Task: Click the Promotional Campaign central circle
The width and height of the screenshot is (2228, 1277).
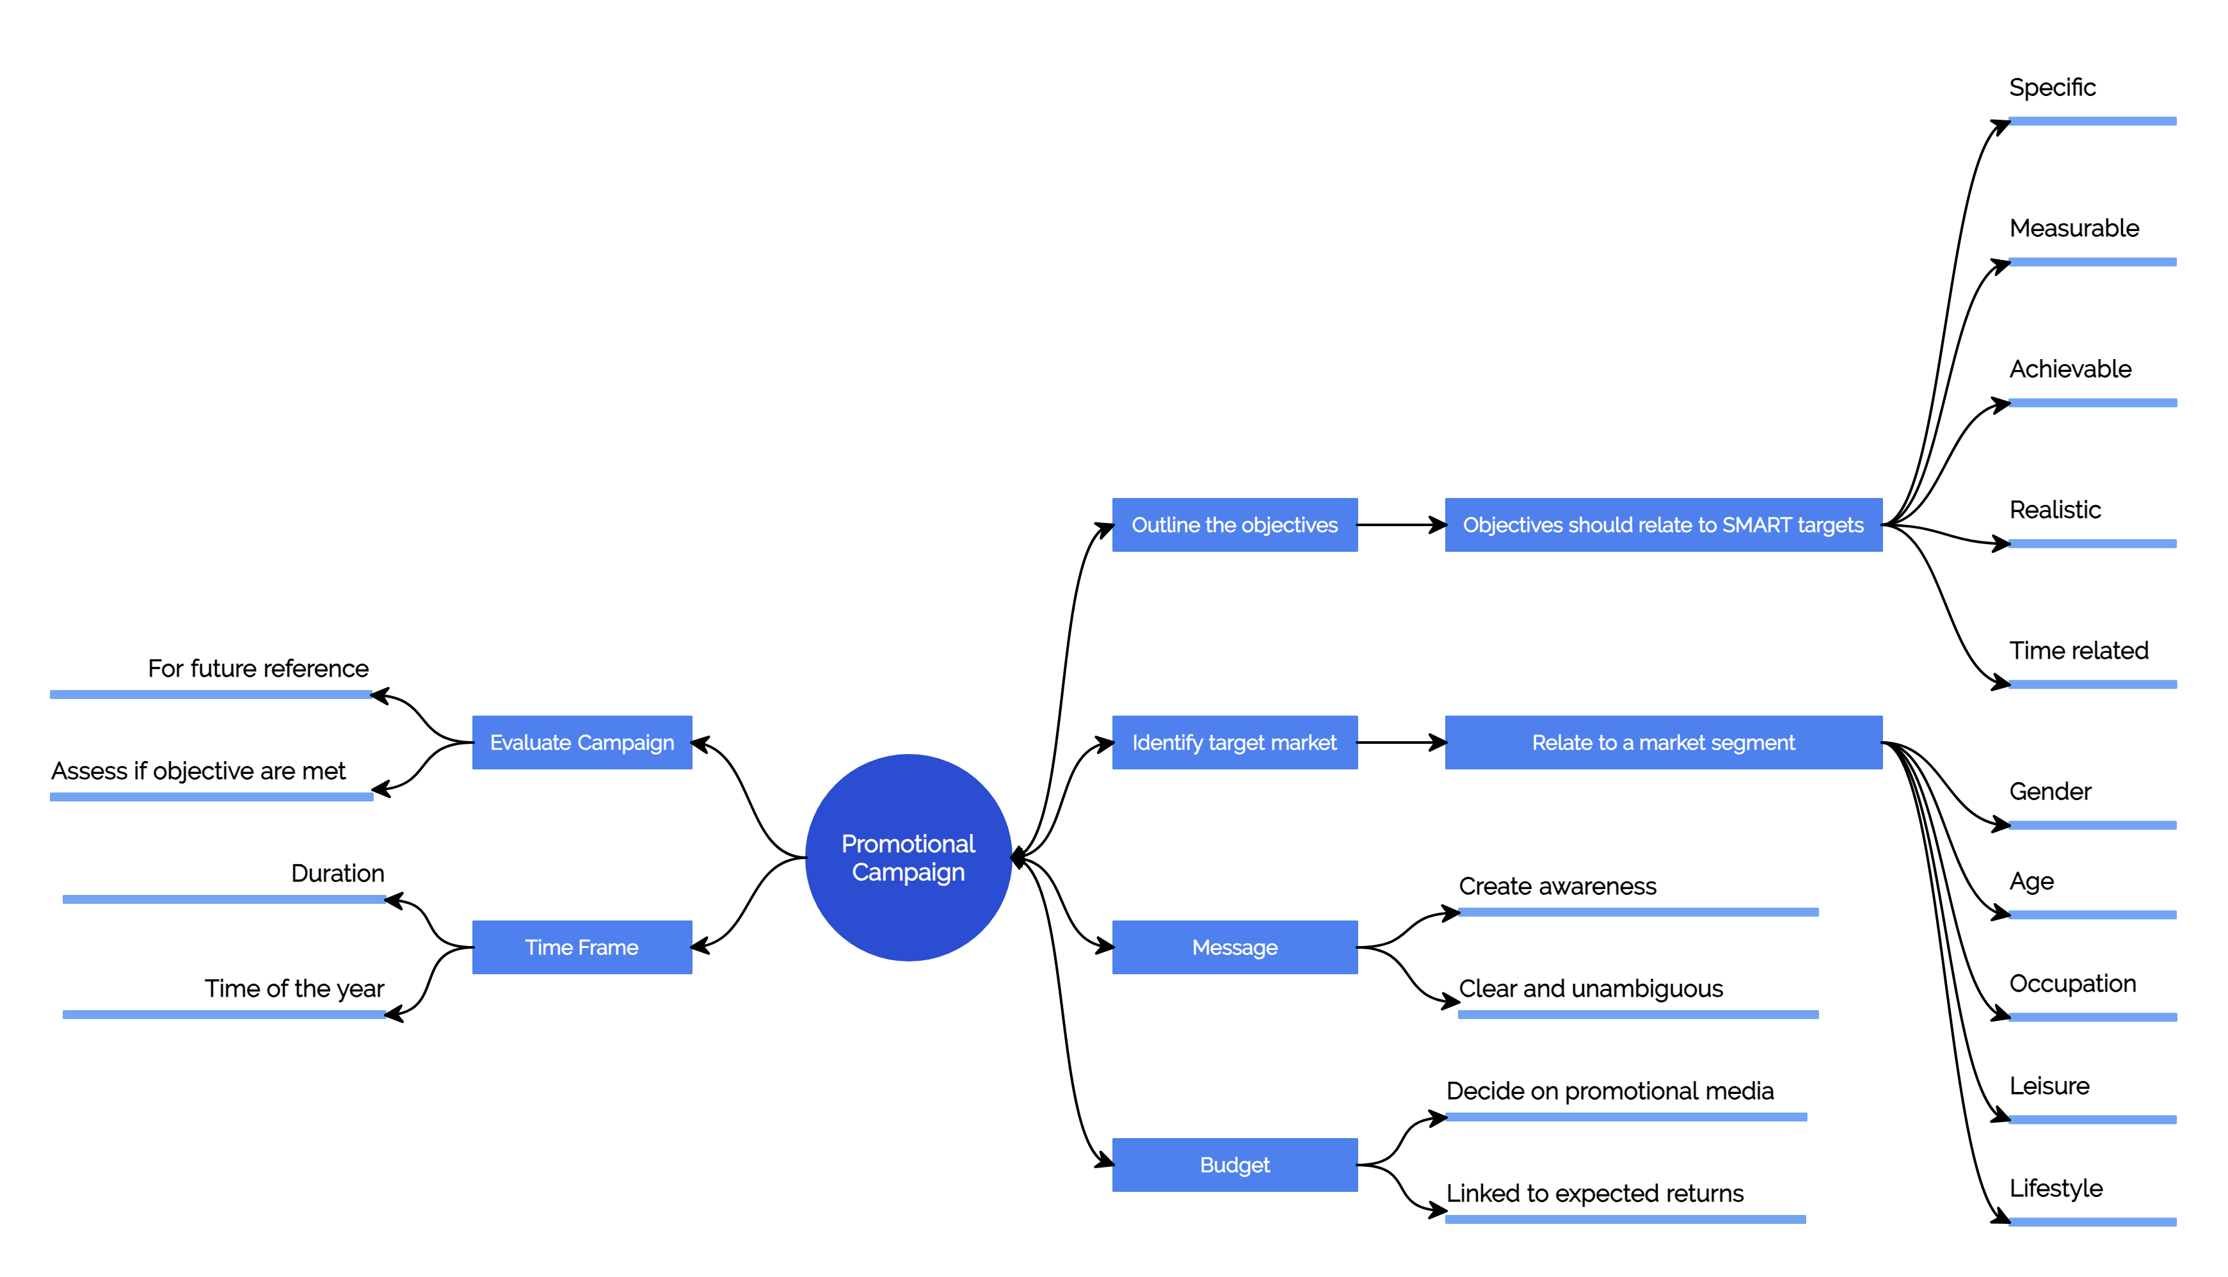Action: tap(908, 858)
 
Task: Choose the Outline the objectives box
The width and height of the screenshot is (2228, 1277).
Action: tap(1235, 524)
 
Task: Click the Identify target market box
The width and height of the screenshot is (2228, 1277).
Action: tap(1235, 743)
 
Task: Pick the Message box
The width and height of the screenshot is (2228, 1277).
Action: tap(1235, 947)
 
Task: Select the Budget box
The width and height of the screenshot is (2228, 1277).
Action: tap(1235, 1165)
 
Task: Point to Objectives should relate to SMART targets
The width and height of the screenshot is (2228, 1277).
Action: tap(1663, 524)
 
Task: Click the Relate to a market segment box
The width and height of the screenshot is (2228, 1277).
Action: tap(1663, 743)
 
